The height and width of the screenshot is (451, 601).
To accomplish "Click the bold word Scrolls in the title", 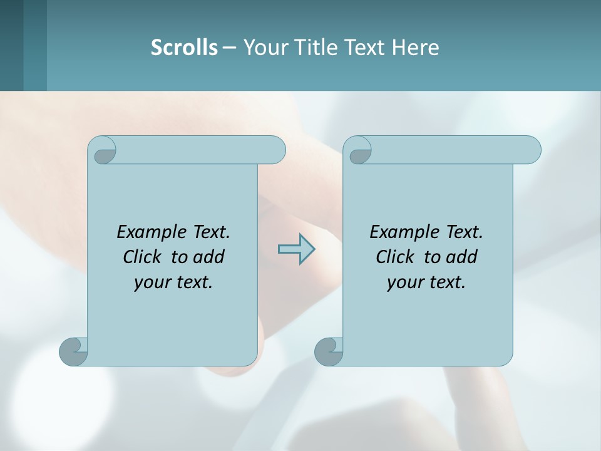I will coord(184,47).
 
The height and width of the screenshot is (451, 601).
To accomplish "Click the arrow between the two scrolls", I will coord(296,249).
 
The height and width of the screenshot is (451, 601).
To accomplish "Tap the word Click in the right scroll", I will coord(395,257).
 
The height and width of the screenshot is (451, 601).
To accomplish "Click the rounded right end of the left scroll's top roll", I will coord(276,150).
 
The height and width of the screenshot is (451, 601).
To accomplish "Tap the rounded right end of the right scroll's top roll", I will coord(532,150).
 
